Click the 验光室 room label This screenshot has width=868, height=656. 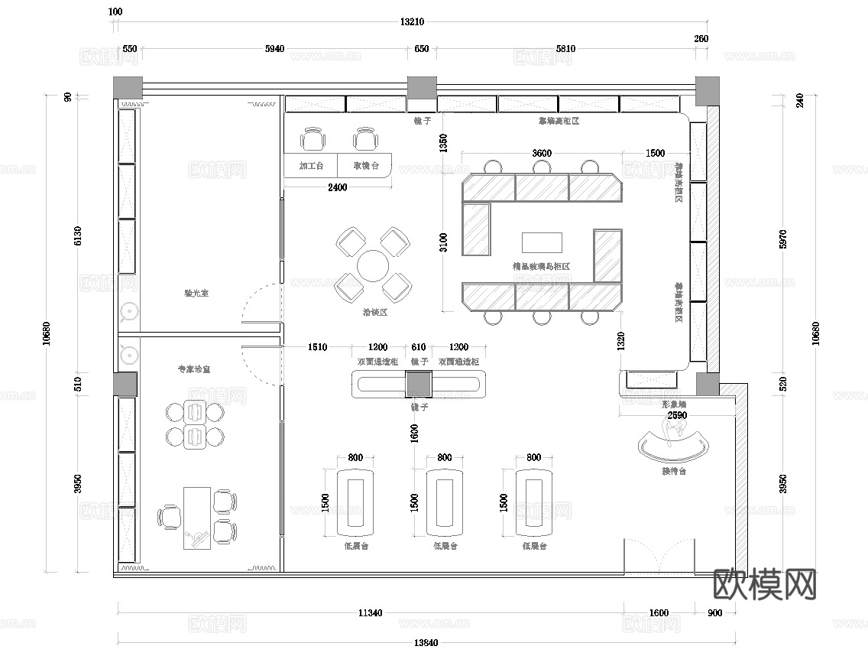tap(199, 292)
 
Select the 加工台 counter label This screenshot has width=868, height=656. tap(311, 165)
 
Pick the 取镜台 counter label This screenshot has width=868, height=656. tap(365, 165)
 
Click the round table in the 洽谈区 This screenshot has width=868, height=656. tap(374, 266)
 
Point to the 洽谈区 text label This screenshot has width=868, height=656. tap(374, 312)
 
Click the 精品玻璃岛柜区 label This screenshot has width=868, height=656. tap(542, 267)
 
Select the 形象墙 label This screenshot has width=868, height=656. tap(673, 403)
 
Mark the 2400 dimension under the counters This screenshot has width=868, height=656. tap(337, 187)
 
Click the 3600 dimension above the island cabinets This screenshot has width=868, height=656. tap(541, 153)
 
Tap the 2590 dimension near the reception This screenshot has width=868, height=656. tap(677, 414)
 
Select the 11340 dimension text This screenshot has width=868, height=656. tap(371, 612)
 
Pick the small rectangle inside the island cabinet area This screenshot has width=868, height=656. tap(542, 242)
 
